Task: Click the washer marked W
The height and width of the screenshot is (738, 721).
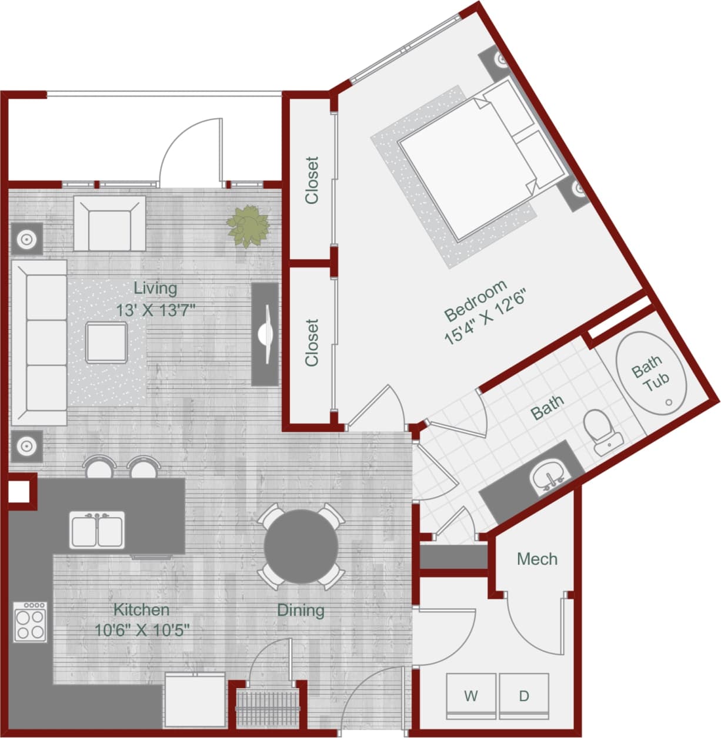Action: tap(471, 696)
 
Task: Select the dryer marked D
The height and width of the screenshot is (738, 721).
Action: tap(524, 696)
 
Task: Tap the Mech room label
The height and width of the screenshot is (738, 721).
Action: tap(537, 559)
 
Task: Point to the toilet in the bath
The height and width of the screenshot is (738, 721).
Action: tap(602, 431)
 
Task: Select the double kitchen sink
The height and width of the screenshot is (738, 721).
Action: tap(98, 530)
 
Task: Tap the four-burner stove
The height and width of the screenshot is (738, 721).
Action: tap(31, 622)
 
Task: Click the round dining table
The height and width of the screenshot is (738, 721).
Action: tap(301, 546)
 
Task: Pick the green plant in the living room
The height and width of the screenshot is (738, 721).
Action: tap(248, 226)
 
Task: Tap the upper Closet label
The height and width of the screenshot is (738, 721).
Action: tap(311, 180)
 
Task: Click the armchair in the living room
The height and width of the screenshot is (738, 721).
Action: tap(109, 223)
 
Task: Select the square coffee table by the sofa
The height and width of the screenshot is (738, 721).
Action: tap(106, 343)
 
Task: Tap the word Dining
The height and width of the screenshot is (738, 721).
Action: tap(301, 610)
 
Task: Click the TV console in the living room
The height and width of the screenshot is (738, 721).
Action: tap(265, 334)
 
